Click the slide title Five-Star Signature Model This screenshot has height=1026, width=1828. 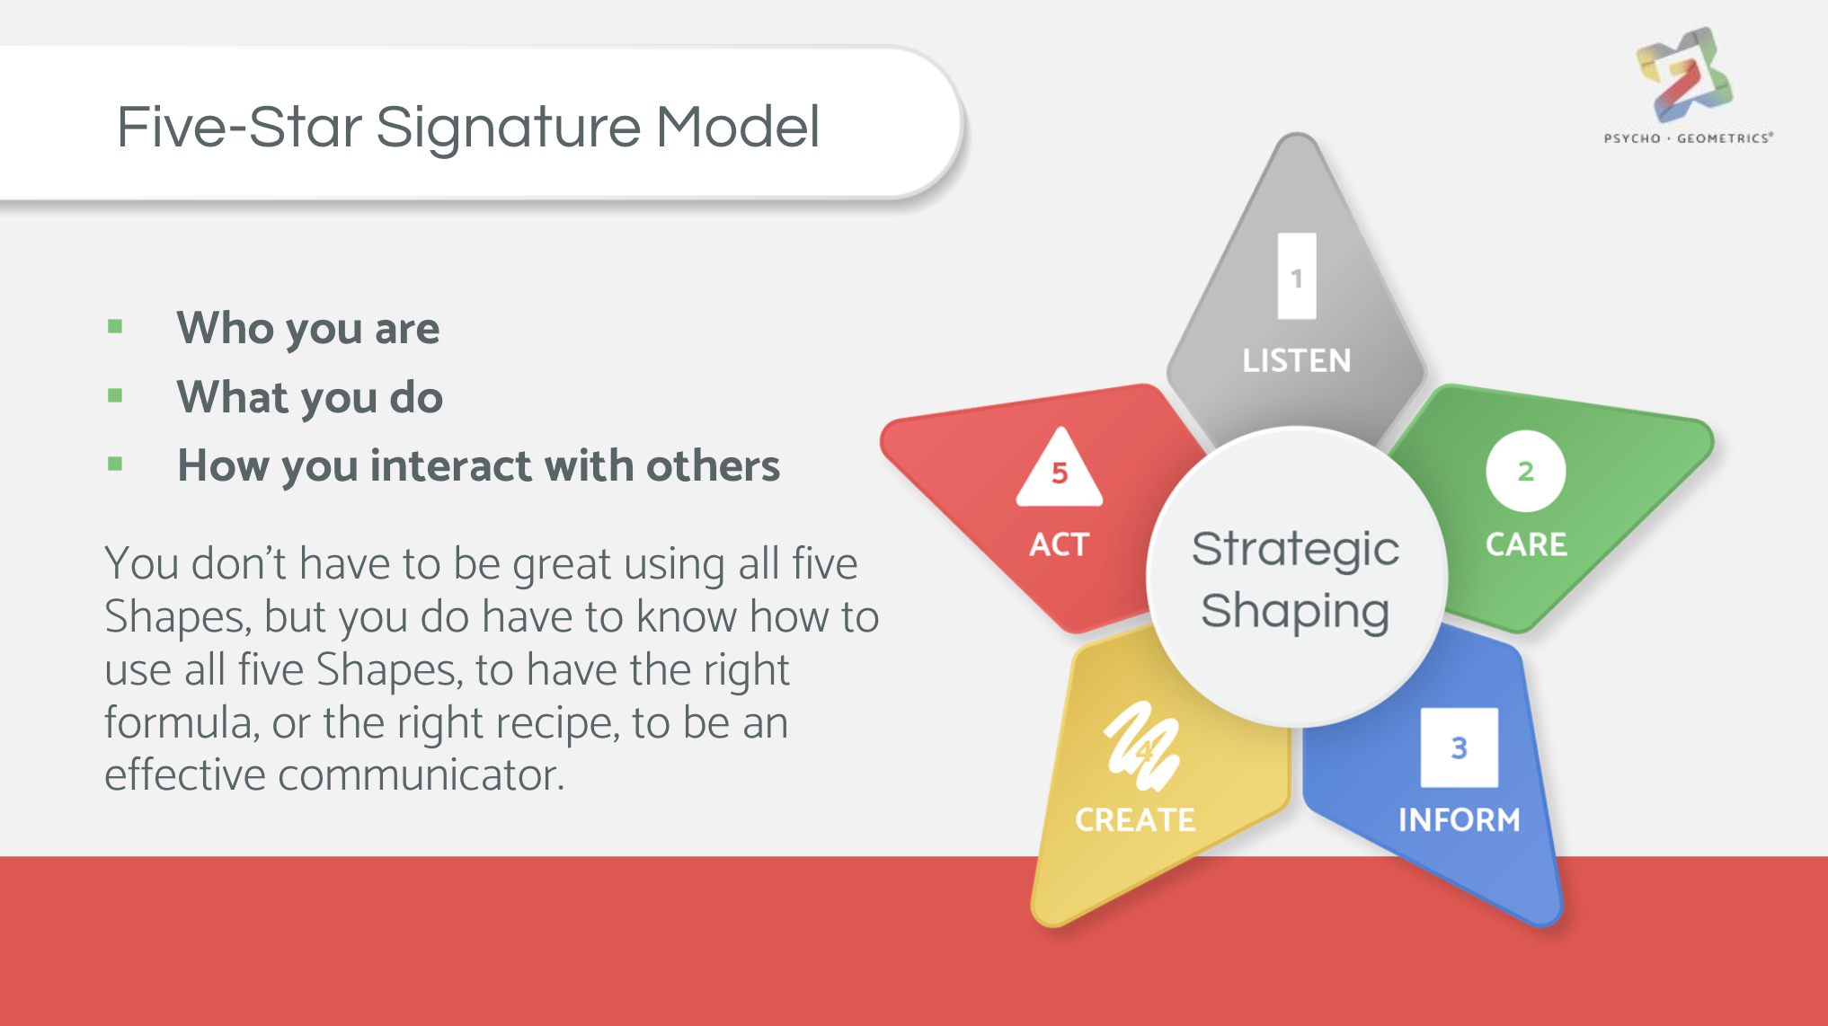tap(468, 127)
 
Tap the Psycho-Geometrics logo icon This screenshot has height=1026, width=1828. tap(1684, 75)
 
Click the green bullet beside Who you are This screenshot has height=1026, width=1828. tap(115, 326)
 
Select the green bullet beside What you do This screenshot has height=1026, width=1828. tap(115, 395)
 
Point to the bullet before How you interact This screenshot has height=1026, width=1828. tap(115, 464)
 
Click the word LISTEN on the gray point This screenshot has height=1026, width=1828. tap(1297, 361)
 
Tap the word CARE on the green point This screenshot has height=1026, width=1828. tap(1526, 544)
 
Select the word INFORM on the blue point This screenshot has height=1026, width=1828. tap(1460, 819)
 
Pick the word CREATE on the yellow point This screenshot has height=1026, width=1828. tap(1135, 819)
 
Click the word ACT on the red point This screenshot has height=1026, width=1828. tap(1060, 544)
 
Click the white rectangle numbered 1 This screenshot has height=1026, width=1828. tap(1297, 276)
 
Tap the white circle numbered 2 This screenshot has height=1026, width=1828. tap(1526, 471)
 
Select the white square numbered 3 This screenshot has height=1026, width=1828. tap(1460, 747)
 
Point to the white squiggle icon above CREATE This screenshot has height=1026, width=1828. tap(1142, 746)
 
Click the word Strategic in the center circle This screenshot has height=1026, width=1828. tap(1295, 550)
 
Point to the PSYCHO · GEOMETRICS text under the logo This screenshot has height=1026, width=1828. tap(1689, 138)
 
